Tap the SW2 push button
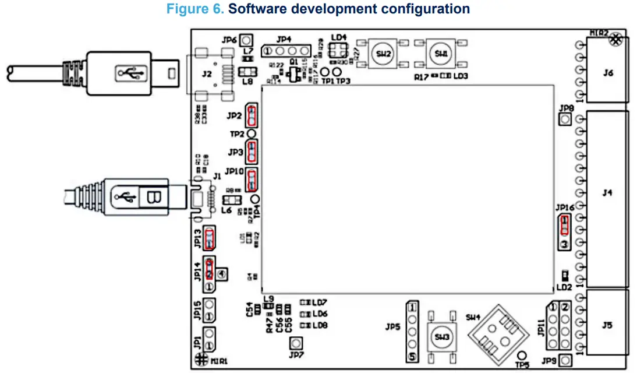point(383,53)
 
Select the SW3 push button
point(442,336)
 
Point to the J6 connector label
point(608,73)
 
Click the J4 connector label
point(608,192)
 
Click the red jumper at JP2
point(252,116)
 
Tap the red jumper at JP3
point(252,152)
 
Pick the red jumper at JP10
point(252,179)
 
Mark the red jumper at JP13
point(210,238)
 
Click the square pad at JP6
point(246,40)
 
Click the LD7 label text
point(319,302)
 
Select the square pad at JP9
point(564,361)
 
